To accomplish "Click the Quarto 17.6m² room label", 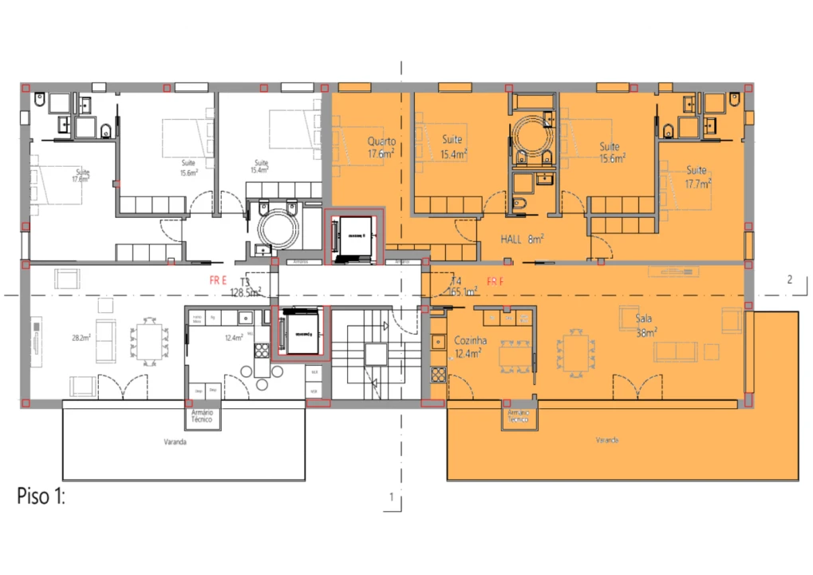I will pos(381,147).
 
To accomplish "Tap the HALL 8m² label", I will pos(522,239).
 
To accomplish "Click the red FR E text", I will pos(218,281).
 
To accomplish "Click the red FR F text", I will pos(495,282).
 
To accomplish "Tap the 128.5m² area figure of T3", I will pos(245,293).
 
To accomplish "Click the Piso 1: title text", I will pos(40,496).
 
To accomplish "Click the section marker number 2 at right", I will pos(789,280).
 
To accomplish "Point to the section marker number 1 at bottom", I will pos(391,497).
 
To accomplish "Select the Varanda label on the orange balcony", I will pos(606,440).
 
